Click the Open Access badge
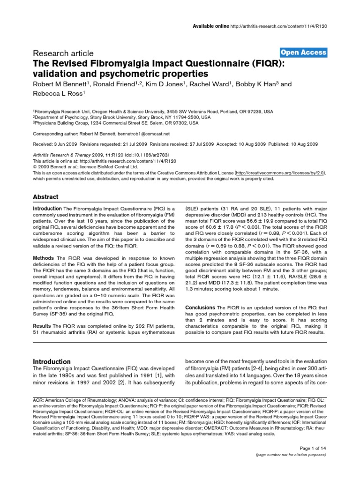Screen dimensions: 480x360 (303, 52)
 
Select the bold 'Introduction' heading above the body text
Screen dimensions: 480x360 (52, 361)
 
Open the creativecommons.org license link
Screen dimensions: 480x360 (279, 172)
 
